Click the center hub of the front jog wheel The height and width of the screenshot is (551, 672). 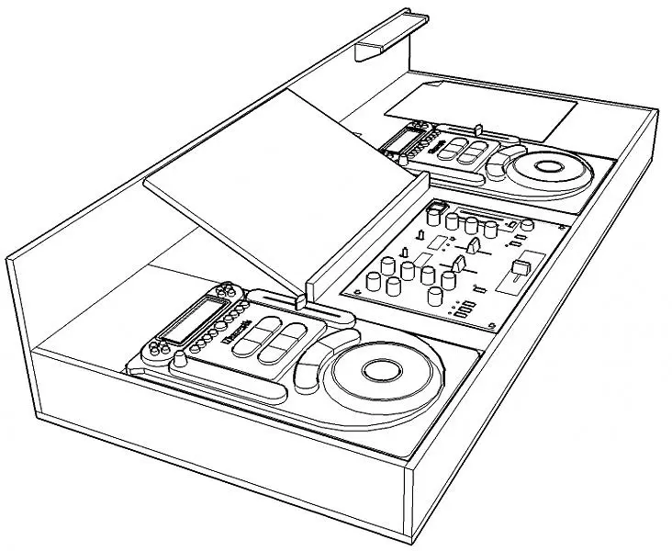point(377,371)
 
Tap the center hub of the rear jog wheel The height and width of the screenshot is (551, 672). point(547,167)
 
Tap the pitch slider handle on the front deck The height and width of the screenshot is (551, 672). point(298,300)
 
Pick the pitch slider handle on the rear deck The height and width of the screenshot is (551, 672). point(479,128)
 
